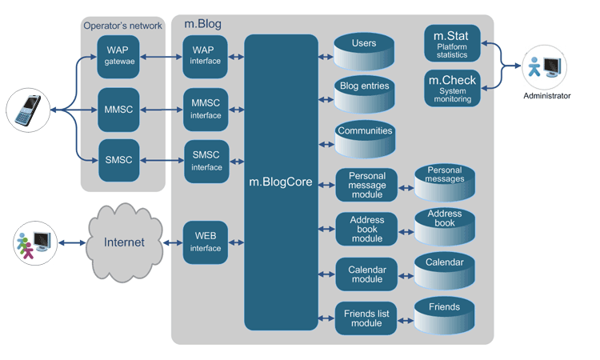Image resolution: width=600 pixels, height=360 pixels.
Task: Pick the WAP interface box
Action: (x=205, y=56)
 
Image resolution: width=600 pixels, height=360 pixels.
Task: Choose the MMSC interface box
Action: (x=205, y=110)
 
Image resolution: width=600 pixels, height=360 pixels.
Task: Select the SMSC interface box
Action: (x=206, y=162)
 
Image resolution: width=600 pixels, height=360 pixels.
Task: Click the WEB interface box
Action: (x=205, y=242)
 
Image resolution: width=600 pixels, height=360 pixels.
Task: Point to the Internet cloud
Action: (x=125, y=242)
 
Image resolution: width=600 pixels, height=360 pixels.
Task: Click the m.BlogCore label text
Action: (x=281, y=182)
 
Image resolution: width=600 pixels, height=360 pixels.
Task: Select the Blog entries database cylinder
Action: (x=364, y=94)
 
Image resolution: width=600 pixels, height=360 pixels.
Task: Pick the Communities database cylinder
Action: (x=364, y=139)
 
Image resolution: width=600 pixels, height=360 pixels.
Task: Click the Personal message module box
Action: (x=366, y=185)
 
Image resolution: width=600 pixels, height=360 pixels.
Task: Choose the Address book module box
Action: (x=366, y=229)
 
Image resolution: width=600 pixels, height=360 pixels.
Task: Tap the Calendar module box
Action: (x=366, y=274)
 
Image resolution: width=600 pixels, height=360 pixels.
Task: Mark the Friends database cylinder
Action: (x=444, y=314)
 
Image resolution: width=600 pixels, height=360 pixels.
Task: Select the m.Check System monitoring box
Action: (x=452, y=89)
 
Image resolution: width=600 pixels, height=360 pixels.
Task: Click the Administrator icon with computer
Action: (x=546, y=67)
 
